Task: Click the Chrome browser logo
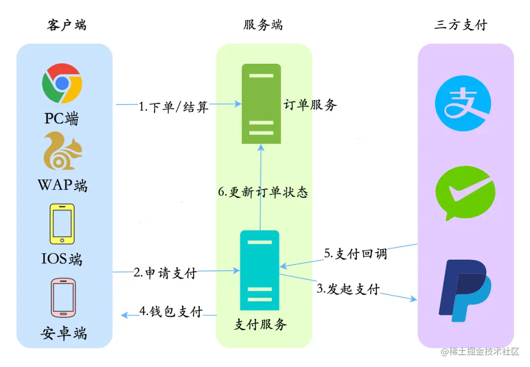point(62,83)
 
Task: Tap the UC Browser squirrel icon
point(62,151)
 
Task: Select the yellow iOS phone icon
point(62,224)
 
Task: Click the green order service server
point(261,103)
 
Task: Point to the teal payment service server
point(259,270)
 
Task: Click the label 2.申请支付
point(165,273)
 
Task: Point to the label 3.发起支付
point(347,288)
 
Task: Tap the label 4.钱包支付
point(171,311)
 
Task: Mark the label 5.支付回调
point(355,253)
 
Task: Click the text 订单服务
point(310,105)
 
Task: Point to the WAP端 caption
point(62,185)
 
